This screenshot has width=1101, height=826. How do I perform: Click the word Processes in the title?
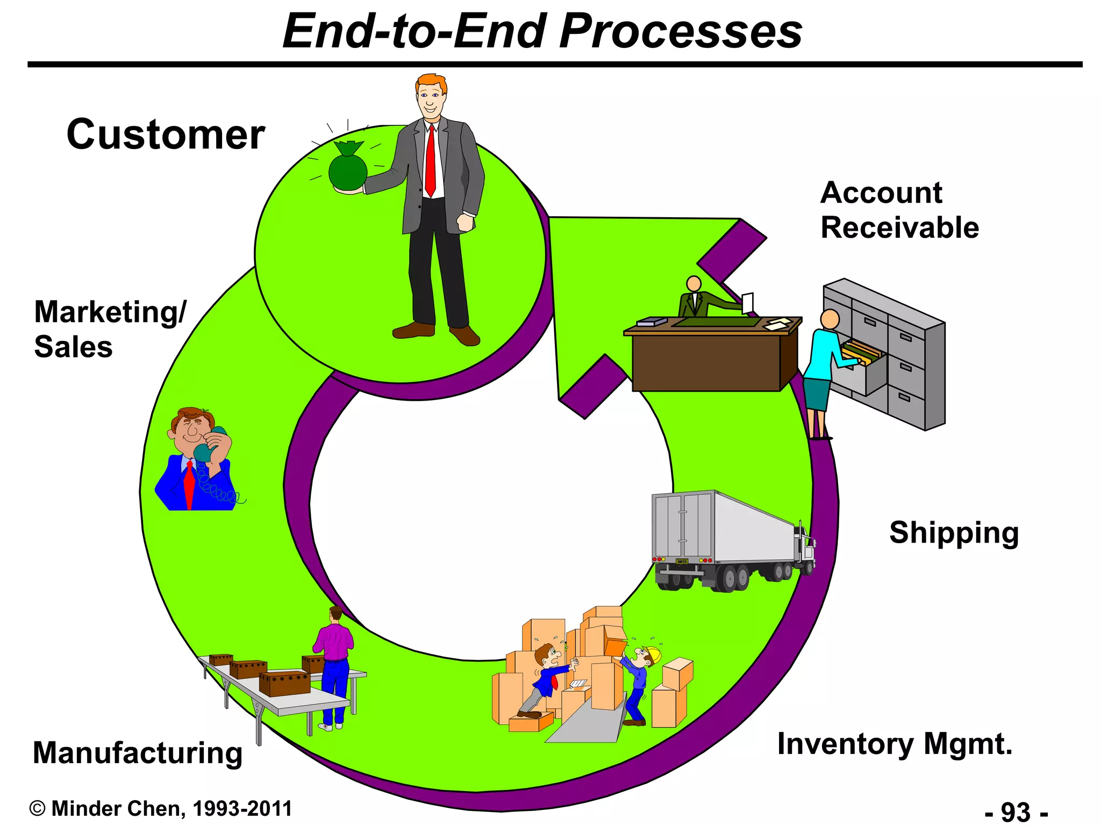tap(681, 31)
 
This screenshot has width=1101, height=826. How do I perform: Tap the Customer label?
tap(166, 134)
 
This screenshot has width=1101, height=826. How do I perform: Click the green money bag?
tap(348, 169)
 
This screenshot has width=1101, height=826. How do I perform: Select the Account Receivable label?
tap(899, 210)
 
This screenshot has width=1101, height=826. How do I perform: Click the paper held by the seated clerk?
tap(747, 302)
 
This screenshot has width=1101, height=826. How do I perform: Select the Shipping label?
tap(954, 532)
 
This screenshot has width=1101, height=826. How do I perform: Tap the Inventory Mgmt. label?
tap(895, 744)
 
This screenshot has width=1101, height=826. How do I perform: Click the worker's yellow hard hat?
tap(654, 654)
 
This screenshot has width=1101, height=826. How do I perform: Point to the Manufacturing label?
tap(138, 753)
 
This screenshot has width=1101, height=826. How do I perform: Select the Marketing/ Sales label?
tap(110, 329)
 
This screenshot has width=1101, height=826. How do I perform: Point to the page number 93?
tap(1016, 812)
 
